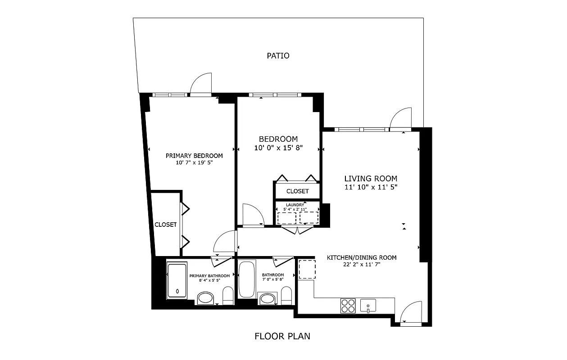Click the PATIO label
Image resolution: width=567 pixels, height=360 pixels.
pos(278,56)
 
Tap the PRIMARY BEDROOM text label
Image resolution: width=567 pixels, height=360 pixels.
pos(194,156)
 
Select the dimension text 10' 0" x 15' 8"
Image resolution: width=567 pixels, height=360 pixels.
pos(278,148)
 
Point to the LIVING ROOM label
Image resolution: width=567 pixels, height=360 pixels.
pos(371,178)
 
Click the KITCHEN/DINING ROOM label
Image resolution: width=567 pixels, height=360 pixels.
pos(361,257)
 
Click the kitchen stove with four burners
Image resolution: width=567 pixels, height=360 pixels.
pos(348,306)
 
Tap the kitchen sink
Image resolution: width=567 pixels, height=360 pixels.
pos(368,306)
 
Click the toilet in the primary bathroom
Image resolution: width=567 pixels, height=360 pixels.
pos(228,296)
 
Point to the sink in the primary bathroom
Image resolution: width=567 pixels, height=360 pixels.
pos(206,297)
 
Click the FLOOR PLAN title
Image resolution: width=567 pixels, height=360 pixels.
pos(282,336)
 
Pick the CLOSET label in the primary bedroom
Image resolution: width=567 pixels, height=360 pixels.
pos(166,225)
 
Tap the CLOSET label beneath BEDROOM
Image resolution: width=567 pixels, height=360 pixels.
pos(297,191)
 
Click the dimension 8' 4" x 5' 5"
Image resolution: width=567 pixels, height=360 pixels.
pos(209,280)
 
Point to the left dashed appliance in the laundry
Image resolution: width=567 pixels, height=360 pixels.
pos(286,218)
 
